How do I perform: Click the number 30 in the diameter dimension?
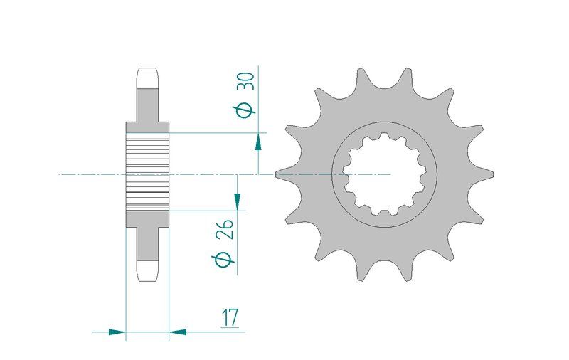[x=245, y=82]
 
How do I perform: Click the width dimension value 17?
[x=230, y=318]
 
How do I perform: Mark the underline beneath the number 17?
[x=230, y=328]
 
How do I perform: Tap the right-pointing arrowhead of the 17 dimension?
[x=117, y=332]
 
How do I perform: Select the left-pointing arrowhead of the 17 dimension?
[x=178, y=332]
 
